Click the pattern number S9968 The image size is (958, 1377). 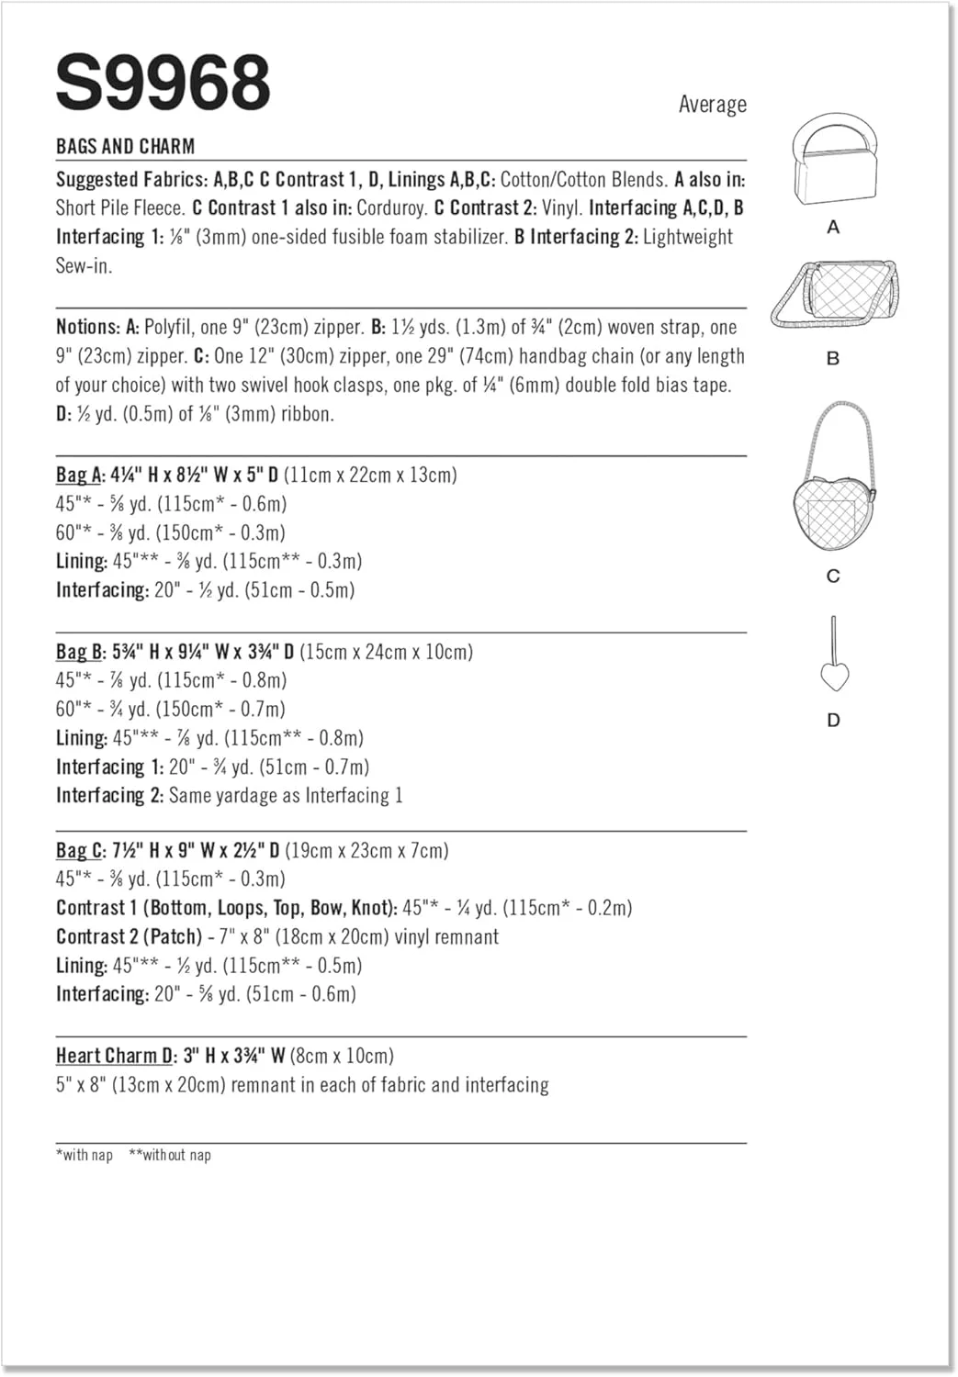click(x=163, y=83)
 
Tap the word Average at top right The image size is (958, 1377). click(x=712, y=105)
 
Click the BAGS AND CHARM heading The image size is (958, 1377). click(x=125, y=146)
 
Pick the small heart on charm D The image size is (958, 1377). click(x=833, y=677)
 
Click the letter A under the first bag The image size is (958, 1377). click(x=833, y=227)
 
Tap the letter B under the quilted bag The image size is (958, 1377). click(x=833, y=358)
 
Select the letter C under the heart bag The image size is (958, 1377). click(x=833, y=576)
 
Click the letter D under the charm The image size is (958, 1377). click(x=833, y=720)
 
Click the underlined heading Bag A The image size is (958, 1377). click(x=79, y=475)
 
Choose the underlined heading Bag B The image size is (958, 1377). click(x=79, y=652)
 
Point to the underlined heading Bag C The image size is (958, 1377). click(x=79, y=850)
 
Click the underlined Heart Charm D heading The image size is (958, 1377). click(x=116, y=1056)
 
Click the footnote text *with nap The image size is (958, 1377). click(x=85, y=1155)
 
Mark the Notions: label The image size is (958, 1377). click(x=87, y=327)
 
